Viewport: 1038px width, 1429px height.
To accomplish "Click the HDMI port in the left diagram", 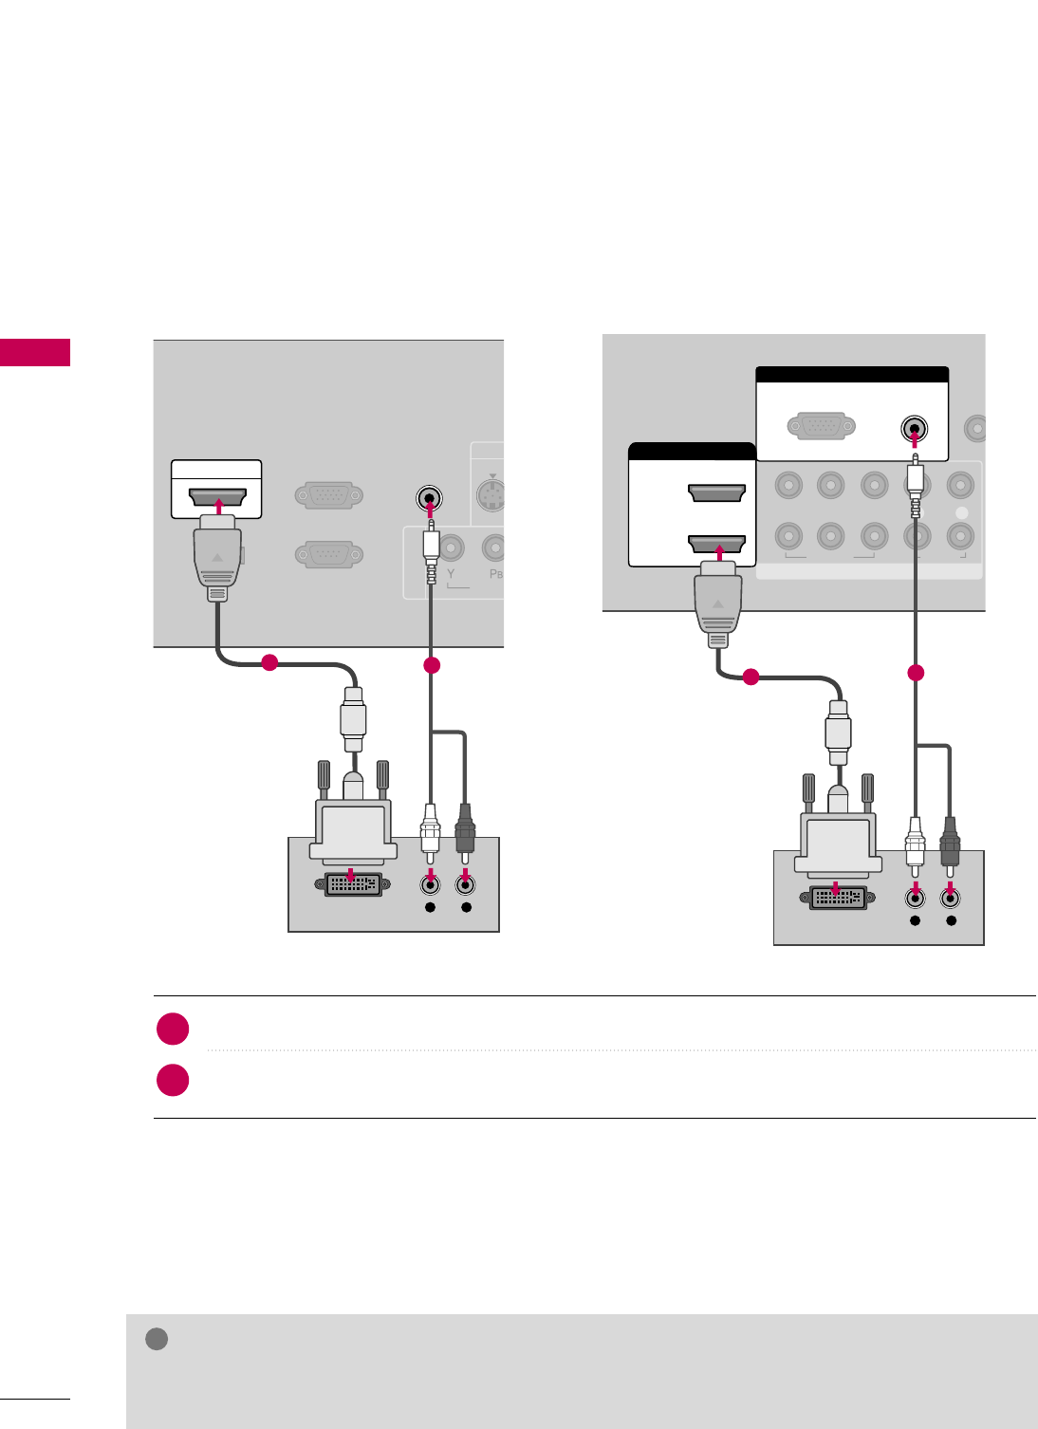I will point(218,496).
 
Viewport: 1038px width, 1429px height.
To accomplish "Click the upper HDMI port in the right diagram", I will point(716,492).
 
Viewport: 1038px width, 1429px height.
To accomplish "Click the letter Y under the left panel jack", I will point(451,575).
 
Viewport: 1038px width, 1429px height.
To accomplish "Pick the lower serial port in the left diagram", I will point(329,554).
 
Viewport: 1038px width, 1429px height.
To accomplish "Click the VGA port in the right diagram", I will point(822,426).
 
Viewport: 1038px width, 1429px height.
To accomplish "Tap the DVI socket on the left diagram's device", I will point(353,884).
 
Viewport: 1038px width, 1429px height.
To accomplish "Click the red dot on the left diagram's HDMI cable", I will point(269,662).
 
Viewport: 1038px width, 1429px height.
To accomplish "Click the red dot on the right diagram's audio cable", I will point(916,674).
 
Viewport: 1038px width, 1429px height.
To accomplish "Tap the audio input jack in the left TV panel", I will point(429,497).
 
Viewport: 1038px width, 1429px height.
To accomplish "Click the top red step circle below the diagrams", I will point(173,1030).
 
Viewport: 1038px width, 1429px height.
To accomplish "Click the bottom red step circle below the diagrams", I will point(173,1081).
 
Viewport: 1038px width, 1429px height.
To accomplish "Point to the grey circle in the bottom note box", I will point(157,1339).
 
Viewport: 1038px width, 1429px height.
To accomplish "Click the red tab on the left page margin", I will point(35,352).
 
